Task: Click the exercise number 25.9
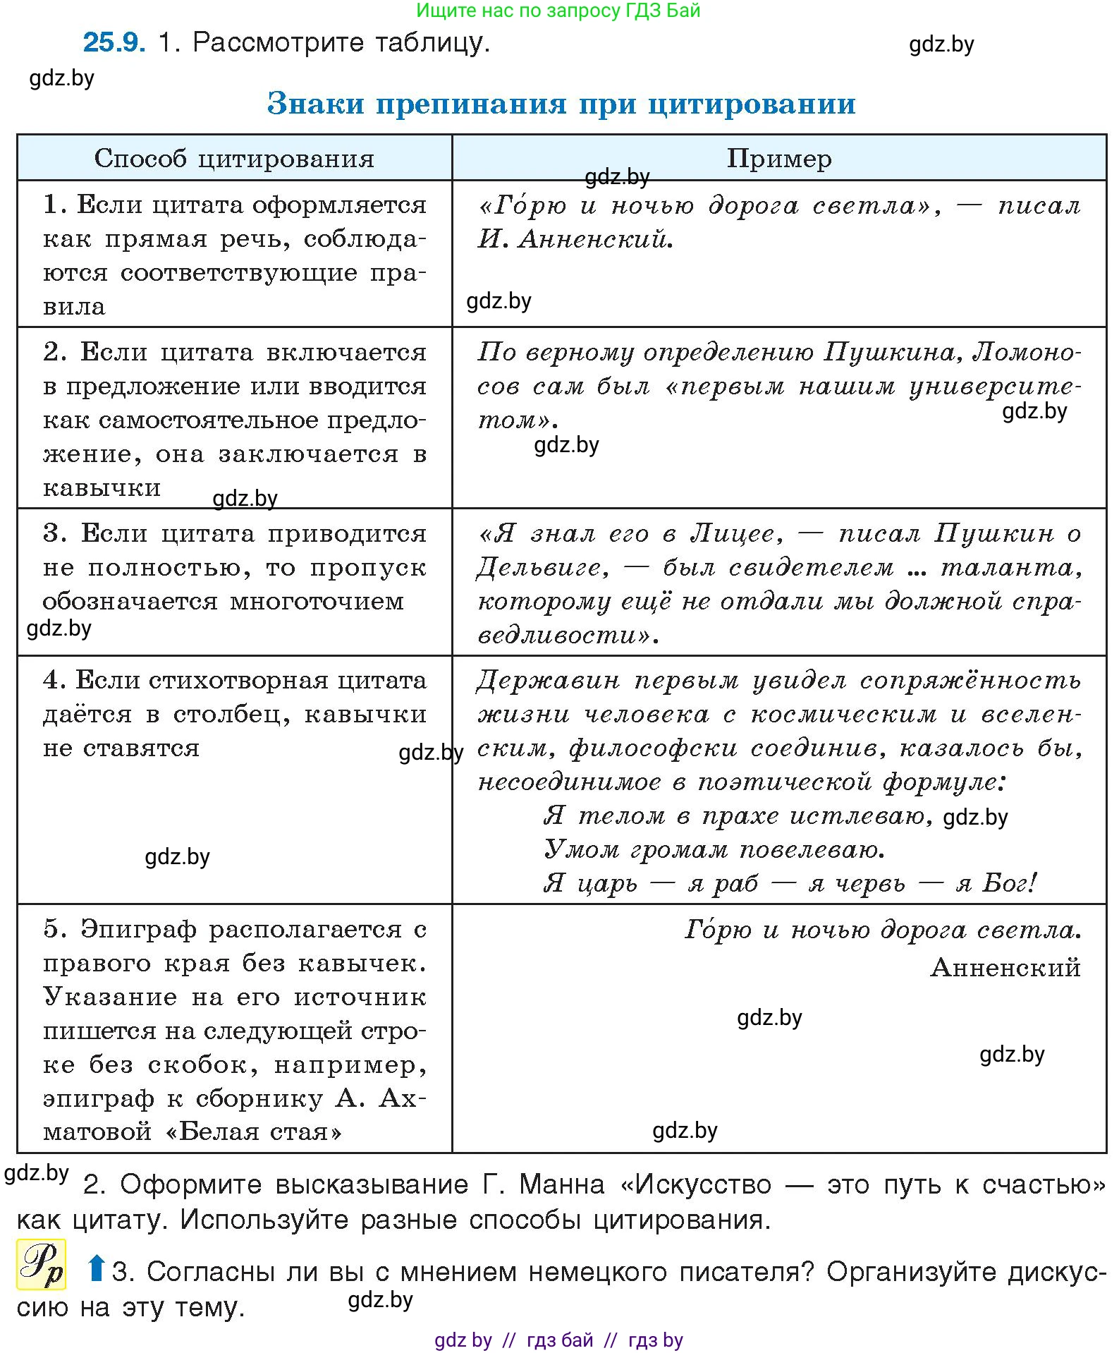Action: click(x=114, y=43)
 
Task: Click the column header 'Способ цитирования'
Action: click(x=234, y=159)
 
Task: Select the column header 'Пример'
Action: click(x=779, y=159)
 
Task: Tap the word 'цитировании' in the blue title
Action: click(x=752, y=104)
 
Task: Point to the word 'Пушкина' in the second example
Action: click(x=889, y=351)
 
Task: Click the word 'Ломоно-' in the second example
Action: click(x=1027, y=351)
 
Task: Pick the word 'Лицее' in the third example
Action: click(x=734, y=533)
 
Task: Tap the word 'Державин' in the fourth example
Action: click(x=548, y=680)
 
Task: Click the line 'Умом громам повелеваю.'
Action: click(x=714, y=849)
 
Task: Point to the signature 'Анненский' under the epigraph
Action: click(x=1005, y=967)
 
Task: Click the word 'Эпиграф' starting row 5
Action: click(x=138, y=929)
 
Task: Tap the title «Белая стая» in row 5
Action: click(x=254, y=1132)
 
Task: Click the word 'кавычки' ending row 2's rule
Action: click(x=102, y=488)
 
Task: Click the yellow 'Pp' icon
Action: click(x=41, y=1264)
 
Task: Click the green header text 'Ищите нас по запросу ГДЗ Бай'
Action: click(x=558, y=11)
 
